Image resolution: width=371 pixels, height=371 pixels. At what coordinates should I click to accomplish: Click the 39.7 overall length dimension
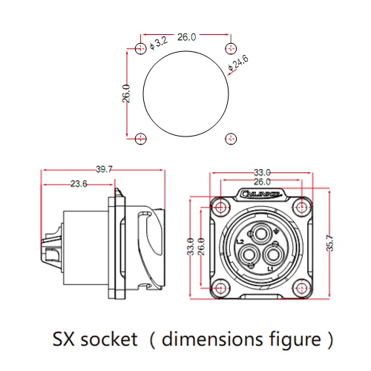[105, 170]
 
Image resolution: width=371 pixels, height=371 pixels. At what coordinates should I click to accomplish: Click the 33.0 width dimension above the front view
[262, 171]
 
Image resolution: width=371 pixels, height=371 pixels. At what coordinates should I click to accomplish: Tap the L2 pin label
[240, 242]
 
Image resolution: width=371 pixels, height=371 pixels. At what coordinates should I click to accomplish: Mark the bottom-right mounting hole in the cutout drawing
[227, 138]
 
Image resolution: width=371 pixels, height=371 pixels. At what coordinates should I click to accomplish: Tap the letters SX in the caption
[65, 340]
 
